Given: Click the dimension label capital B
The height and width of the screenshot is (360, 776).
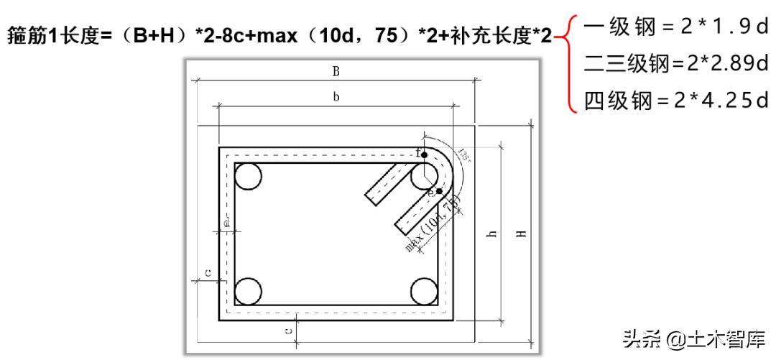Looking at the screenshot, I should pos(335,71).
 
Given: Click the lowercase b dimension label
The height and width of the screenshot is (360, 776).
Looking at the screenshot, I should pos(335,97).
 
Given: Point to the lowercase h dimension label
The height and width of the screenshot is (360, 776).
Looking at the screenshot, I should pos(492,234).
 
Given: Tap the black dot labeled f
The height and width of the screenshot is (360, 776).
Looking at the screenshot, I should pos(424,154).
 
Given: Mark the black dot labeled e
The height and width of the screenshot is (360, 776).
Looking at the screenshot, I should pos(439,191).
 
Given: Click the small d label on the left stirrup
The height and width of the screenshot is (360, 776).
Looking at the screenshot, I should pos(226,223).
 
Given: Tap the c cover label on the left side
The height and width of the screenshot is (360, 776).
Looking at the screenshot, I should pos(208,272).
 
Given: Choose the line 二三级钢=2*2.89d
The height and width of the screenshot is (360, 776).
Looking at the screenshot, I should pos(675,65).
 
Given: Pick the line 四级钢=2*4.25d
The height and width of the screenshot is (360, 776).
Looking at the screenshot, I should pos(675,100).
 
